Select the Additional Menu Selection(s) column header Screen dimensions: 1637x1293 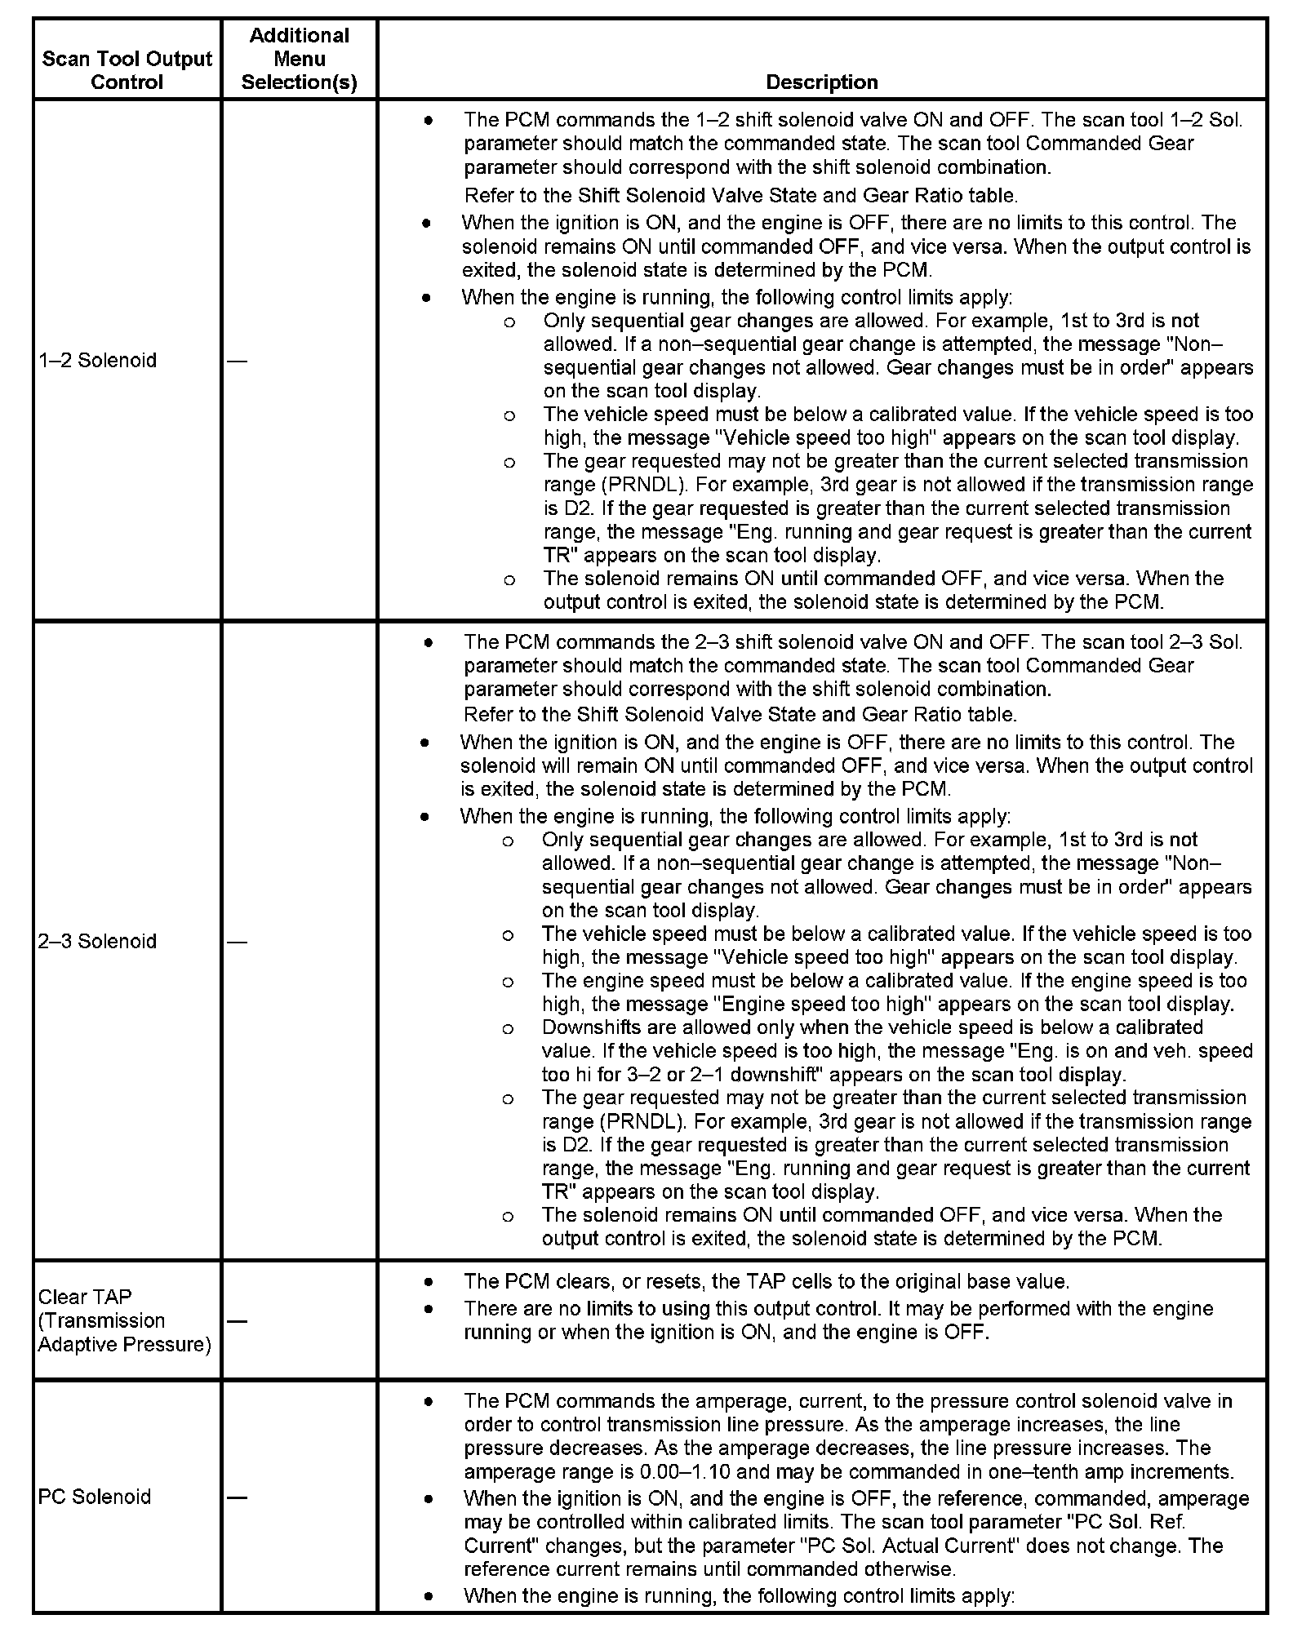299,59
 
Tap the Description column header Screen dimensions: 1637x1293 821,82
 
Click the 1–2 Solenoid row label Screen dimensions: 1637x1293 97,360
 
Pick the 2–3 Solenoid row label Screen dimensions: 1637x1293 97,941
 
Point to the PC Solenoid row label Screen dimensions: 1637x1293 95,1497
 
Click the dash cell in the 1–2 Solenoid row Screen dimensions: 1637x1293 237,361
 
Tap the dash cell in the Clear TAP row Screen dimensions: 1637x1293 237,1320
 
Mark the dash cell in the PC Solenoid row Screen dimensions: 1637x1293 237,1497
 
